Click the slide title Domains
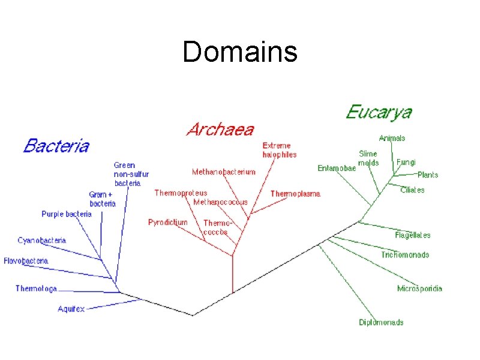(x=240, y=52)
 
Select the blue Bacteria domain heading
(x=56, y=145)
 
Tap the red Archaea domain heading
(x=220, y=129)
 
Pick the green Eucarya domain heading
(x=379, y=112)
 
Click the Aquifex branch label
(x=71, y=309)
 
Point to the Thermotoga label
(x=36, y=289)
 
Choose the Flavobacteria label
(x=26, y=261)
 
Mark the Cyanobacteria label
(x=41, y=240)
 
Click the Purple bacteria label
(x=67, y=214)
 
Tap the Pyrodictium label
(x=167, y=222)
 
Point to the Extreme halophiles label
(x=279, y=150)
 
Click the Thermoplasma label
(x=295, y=194)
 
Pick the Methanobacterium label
(x=223, y=172)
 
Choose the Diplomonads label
(x=381, y=322)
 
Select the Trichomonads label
(x=405, y=255)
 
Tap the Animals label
(x=392, y=138)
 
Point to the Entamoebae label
(x=337, y=169)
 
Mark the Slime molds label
(x=368, y=158)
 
